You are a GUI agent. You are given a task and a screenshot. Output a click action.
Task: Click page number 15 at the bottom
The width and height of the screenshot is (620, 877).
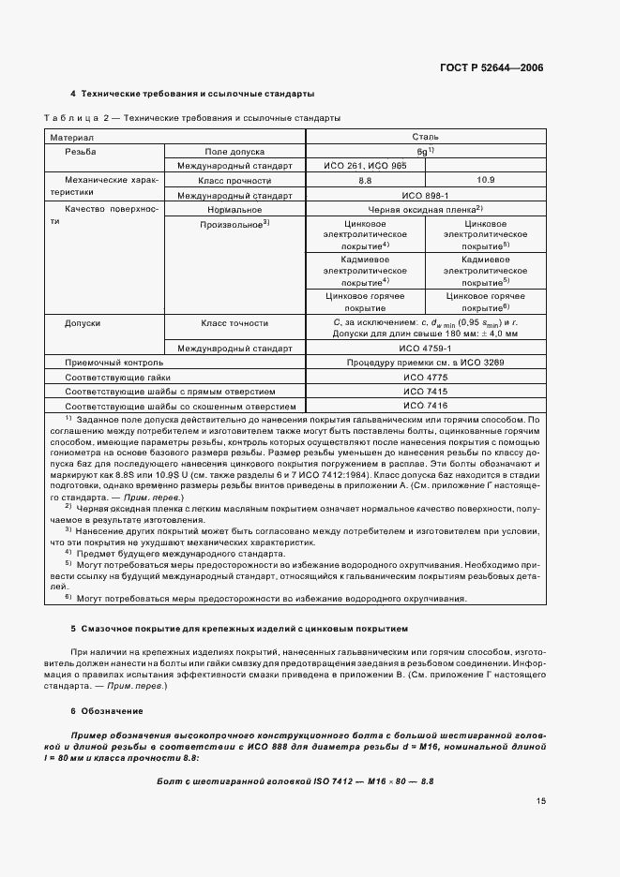coord(540,801)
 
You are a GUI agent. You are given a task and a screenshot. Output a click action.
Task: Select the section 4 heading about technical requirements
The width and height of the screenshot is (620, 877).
coord(192,95)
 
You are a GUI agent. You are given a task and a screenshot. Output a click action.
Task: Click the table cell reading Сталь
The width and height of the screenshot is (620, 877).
coord(425,137)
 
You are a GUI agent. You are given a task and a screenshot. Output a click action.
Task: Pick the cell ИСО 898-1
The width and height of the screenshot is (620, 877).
coord(425,196)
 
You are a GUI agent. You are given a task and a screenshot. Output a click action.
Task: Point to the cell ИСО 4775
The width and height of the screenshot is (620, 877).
coord(425,377)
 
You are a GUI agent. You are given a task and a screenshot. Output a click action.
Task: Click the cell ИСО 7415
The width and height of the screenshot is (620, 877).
coord(425,391)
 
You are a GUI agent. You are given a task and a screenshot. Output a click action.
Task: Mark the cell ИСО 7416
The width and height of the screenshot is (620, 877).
coord(425,406)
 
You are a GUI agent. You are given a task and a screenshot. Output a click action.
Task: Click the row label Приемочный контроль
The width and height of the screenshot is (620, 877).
coord(113,362)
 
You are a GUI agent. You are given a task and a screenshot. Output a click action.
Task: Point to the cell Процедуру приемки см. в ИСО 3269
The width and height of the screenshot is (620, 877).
coord(425,362)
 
